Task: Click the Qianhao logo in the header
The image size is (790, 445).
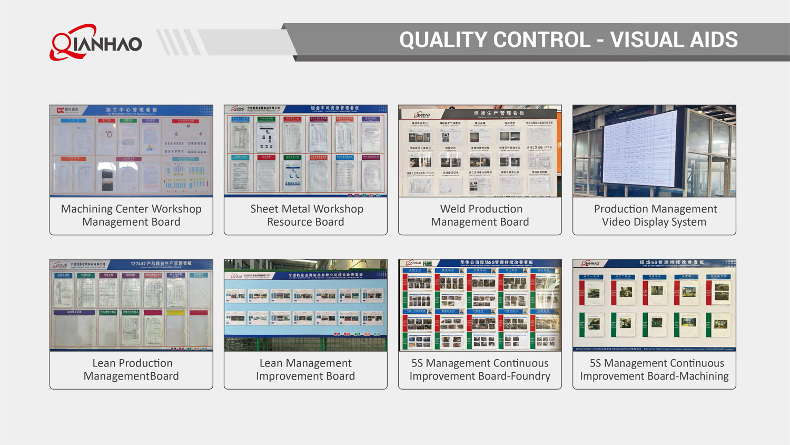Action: click(x=95, y=42)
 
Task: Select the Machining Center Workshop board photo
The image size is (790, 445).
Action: click(x=131, y=151)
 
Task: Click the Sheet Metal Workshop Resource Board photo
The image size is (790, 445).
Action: click(x=305, y=151)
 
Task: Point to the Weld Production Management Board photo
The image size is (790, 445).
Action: click(x=480, y=151)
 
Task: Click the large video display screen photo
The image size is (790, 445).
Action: click(x=654, y=151)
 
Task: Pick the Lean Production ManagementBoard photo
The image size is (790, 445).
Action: click(x=131, y=305)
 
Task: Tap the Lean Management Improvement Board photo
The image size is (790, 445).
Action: click(x=305, y=305)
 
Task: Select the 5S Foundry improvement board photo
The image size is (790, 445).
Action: click(x=480, y=305)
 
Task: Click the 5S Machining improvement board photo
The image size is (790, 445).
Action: click(x=654, y=305)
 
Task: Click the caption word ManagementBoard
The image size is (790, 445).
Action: click(x=131, y=376)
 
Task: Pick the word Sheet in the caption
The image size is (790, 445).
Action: click(x=264, y=209)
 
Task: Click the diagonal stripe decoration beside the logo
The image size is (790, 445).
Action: click(x=179, y=42)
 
